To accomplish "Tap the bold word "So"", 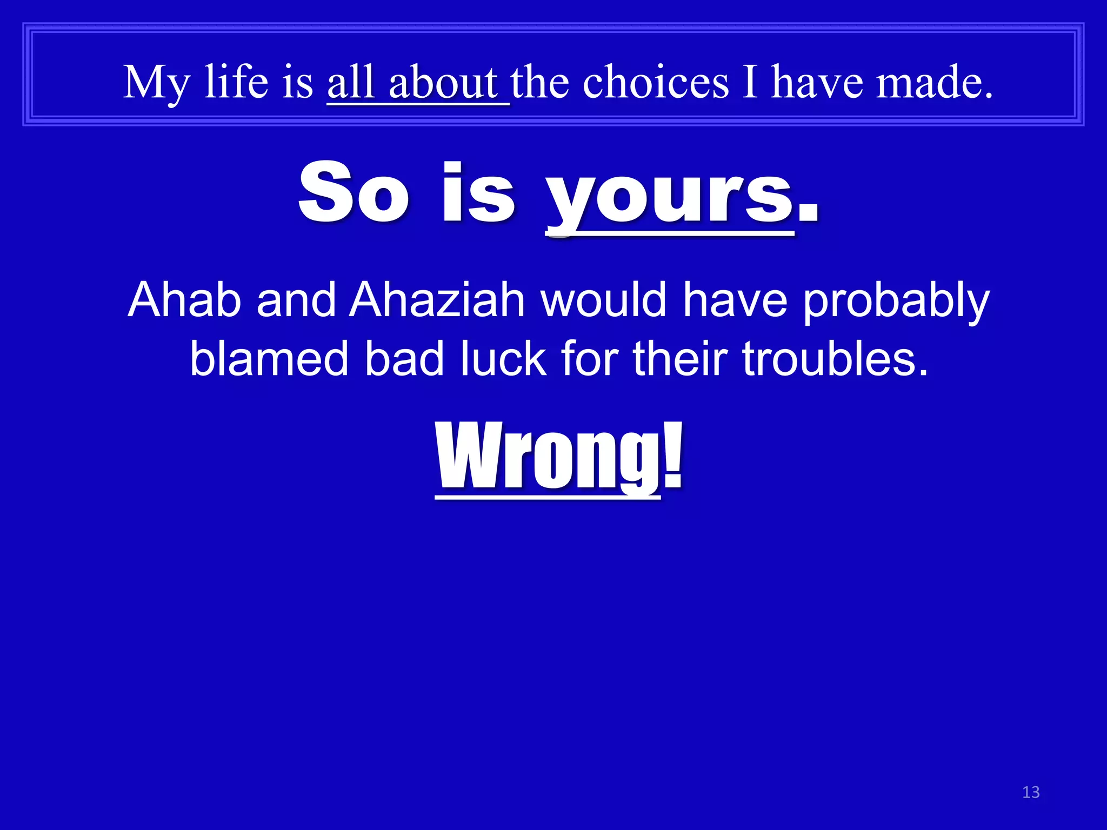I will pos(354,193).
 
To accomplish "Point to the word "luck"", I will pos(503,359).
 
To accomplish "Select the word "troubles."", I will pos(836,359).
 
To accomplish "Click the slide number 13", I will pos(1031,792).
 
